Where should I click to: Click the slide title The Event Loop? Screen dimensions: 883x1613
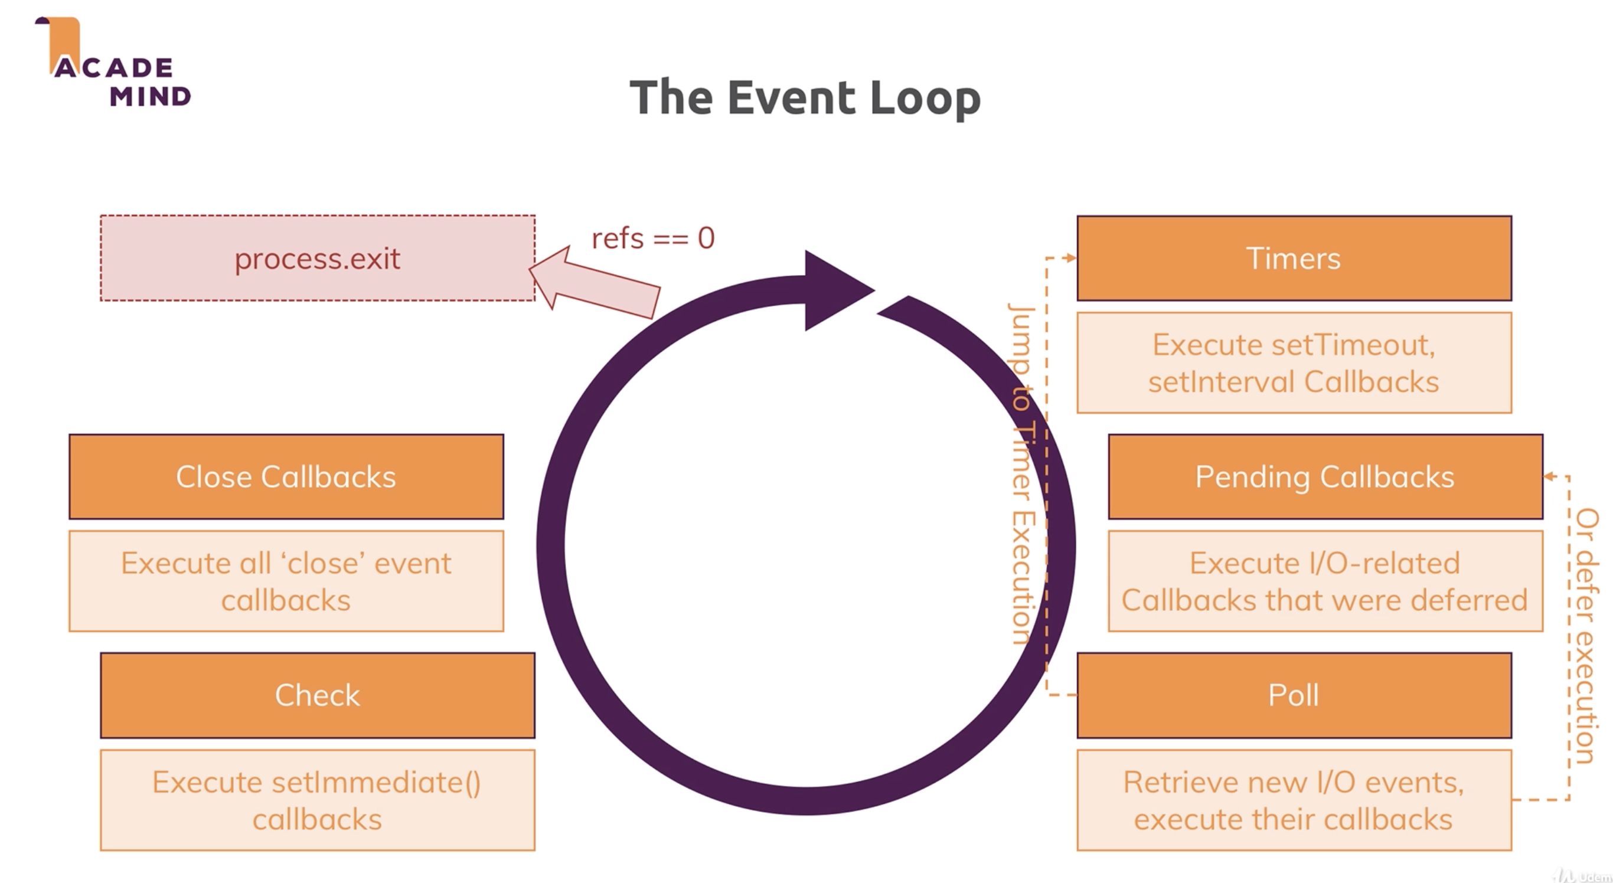[x=805, y=97]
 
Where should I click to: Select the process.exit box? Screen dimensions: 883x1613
[x=318, y=259]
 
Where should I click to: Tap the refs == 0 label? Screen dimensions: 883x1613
[x=652, y=238]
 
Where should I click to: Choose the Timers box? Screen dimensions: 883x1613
[x=1294, y=259]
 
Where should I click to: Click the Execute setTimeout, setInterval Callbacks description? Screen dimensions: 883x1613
[x=1294, y=363]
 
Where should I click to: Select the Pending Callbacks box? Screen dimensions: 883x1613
[x=1325, y=477]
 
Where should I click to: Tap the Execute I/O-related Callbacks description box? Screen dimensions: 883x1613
[x=1325, y=581]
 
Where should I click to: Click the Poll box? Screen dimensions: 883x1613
[x=1294, y=695]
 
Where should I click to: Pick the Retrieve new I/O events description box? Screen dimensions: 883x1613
[x=1294, y=800]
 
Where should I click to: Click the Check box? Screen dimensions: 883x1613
[x=318, y=695]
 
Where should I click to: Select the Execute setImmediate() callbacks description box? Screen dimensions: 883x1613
[x=318, y=800]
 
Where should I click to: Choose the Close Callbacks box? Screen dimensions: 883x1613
[x=286, y=477]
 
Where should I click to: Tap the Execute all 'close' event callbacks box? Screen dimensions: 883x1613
[x=286, y=581]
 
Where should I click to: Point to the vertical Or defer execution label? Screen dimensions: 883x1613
[x=1586, y=636]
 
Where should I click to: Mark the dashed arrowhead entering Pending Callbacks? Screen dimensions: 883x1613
[x=1549, y=477]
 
